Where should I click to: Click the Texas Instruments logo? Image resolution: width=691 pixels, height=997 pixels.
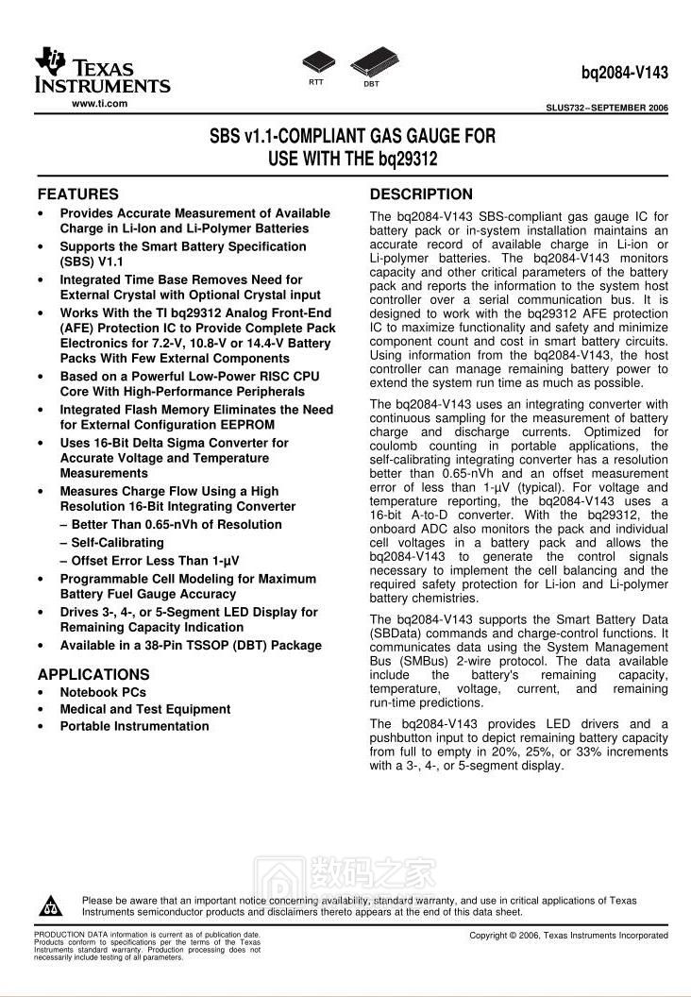pyautogui.click(x=102, y=72)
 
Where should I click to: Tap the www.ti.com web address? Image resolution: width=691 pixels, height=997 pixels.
pyautogui.click(x=99, y=103)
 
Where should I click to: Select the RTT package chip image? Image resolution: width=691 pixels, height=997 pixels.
pyautogui.click(x=316, y=63)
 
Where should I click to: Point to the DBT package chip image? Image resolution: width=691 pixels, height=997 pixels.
pyautogui.click(x=371, y=63)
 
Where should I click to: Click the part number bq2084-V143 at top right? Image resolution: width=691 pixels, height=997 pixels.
pyautogui.click(x=624, y=72)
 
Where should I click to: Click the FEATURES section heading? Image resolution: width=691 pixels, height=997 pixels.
pyautogui.click(x=77, y=194)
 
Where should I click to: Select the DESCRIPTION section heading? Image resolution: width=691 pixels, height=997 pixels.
pyautogui.click(x=421, y=194)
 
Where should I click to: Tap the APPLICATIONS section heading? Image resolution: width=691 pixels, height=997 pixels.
pyautogui.click(x=93, y=675)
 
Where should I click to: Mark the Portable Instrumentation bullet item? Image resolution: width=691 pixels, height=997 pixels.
pyautogui.click(x=134, y=726)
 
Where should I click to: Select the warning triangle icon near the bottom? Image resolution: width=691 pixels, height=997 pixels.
pyautogui.click(x=49, y=906)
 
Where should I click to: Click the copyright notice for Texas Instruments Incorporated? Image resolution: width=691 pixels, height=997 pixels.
pyautogui.click(x=568, y=936)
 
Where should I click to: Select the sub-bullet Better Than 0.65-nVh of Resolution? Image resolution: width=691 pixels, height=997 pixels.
pyautogui.click(x=177, y=525)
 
